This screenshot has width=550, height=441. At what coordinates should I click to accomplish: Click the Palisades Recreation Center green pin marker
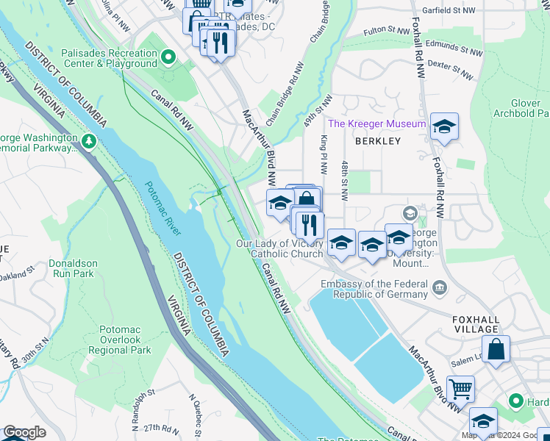[x=168, y=57]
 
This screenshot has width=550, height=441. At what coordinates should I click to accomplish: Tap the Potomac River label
[x=162, y=208]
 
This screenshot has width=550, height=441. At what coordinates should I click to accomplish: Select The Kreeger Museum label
[x=376, y=123]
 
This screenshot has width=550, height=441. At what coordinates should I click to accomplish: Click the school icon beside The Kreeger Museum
[x=444, y=128]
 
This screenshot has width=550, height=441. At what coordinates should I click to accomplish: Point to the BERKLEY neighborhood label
[x=378, y=140]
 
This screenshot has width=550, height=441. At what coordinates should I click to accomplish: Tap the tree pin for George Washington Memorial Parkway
[x=89, y=140]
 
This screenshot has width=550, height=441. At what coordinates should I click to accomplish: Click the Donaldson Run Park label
[x=71, y=268]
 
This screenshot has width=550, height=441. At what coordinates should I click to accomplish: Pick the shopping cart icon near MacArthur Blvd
[x=460, y=389]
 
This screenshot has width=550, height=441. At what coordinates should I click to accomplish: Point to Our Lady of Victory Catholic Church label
[x=279, y=248]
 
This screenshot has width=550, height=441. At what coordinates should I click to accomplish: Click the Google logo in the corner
[x=24, y=432]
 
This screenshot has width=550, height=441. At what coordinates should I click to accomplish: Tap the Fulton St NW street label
[x=385, y=32]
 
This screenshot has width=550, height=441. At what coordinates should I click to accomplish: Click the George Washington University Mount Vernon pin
[x=410, y=214]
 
